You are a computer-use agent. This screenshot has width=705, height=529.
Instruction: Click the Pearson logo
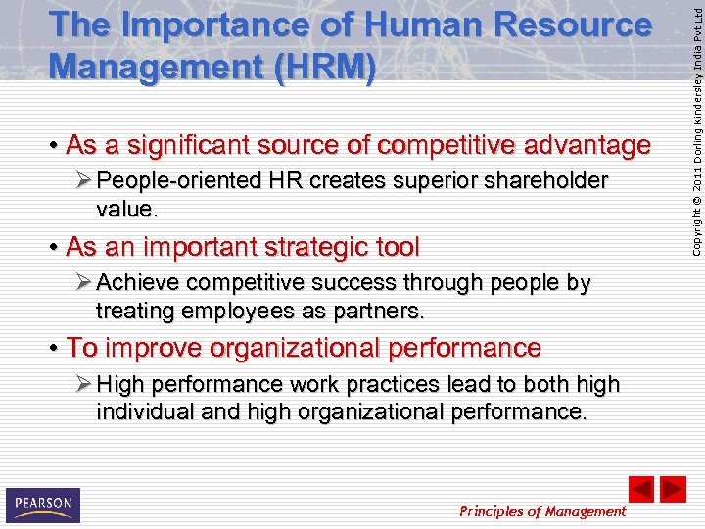click(x=42, y=505)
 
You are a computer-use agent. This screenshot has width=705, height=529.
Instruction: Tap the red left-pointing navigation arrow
click(x=640, y=489)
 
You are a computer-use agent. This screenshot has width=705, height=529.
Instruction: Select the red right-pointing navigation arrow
click(x=673, y=489)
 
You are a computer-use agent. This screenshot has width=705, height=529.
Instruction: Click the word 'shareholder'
click(x=546, y=181)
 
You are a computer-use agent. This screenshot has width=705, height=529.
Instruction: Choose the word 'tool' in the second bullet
click(x=396, y=247)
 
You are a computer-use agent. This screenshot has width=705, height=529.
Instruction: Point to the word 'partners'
click(x=382, y=312)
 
